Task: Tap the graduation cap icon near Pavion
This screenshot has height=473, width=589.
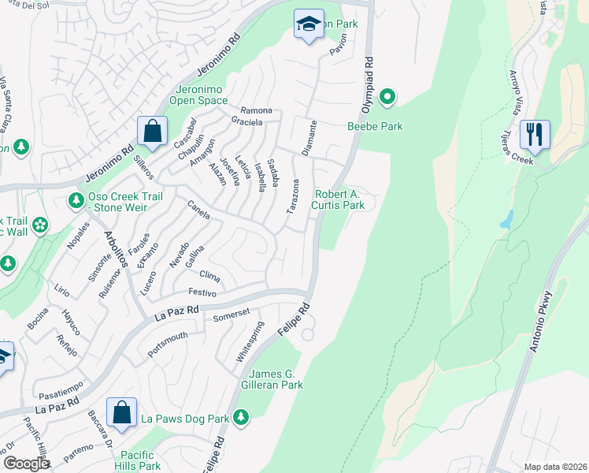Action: point(309,24)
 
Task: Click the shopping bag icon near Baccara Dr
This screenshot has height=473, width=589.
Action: point(121,412)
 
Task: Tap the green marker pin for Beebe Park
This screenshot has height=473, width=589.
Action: point(387,97)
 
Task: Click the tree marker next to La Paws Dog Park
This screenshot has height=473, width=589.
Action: point(241,417)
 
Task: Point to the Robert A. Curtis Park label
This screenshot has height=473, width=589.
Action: point(339,199)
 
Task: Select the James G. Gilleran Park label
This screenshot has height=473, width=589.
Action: point(276,379)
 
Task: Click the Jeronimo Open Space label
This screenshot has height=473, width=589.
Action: point(202,95)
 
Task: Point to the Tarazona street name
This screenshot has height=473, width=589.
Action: point(292,197)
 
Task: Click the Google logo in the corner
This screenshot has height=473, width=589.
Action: point(26,464)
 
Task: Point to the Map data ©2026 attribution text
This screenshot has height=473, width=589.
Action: point(555,467)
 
